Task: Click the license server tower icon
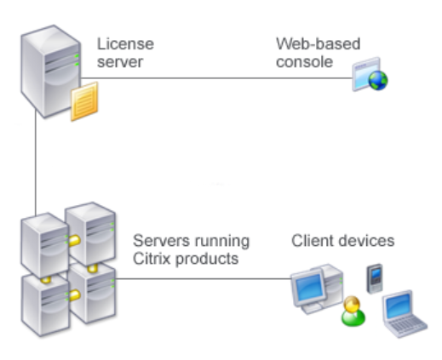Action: [x=50, y=71]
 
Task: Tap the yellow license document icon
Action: [x=84, y=101]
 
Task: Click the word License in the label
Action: [x=125, y=44]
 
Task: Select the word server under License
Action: [x=120, y=62]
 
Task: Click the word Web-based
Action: [x=319, y=44]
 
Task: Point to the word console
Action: [x=304, y=62]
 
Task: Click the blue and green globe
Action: [x=378, y=80]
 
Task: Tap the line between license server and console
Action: [x=216, y=77]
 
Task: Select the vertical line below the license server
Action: [x=36, y=163]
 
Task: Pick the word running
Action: [x=221, y=242]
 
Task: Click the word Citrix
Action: [x=152, y=259]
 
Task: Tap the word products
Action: [x=207, y=260]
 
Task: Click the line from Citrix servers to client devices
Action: [x=204, y=278]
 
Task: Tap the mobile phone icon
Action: [x=375, y=278]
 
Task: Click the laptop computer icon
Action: [x=404, y=314]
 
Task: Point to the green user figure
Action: [x=353, y=311]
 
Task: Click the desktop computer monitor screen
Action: [x=308, y=287]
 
